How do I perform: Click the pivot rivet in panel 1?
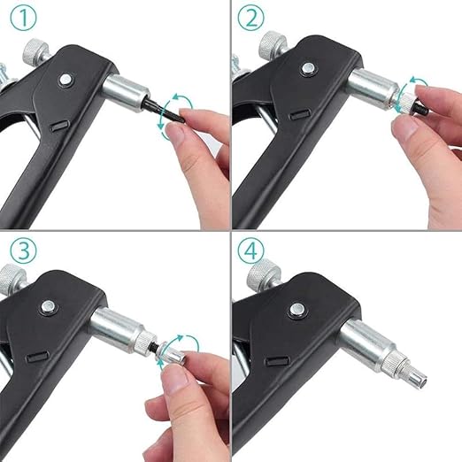click(x=65, y=80)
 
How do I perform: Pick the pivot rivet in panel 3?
click(x=48, y=308)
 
